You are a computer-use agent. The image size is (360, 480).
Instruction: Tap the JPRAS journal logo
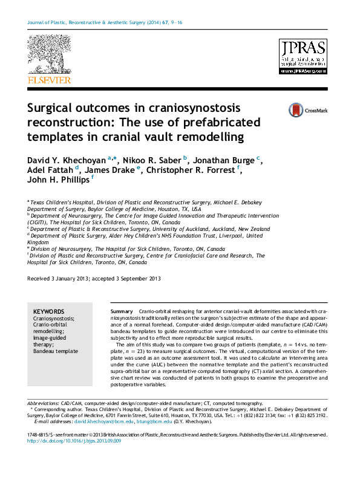(302, 57)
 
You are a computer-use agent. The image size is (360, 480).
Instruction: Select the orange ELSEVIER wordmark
(48, 80)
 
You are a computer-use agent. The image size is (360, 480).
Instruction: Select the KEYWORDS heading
(48, 310)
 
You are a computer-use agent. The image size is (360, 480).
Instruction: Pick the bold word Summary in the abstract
(122, 310)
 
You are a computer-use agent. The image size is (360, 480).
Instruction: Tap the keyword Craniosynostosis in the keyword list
(54, 317)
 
